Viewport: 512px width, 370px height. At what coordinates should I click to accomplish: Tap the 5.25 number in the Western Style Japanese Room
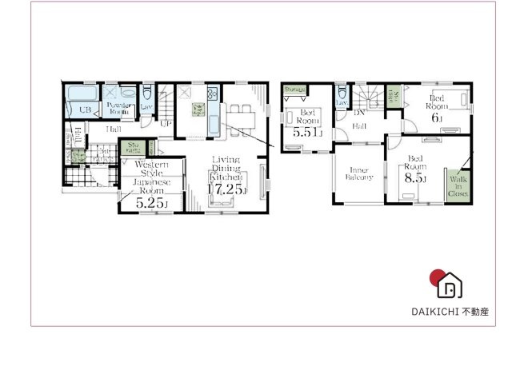click(x=151, y=204)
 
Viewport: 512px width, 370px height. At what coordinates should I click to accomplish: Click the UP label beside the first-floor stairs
click(x=166, y=122)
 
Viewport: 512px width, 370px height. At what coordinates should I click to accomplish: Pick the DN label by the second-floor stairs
click(x=359, y=113)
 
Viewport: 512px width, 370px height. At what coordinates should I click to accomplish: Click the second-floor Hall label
click(x=360, y=126)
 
